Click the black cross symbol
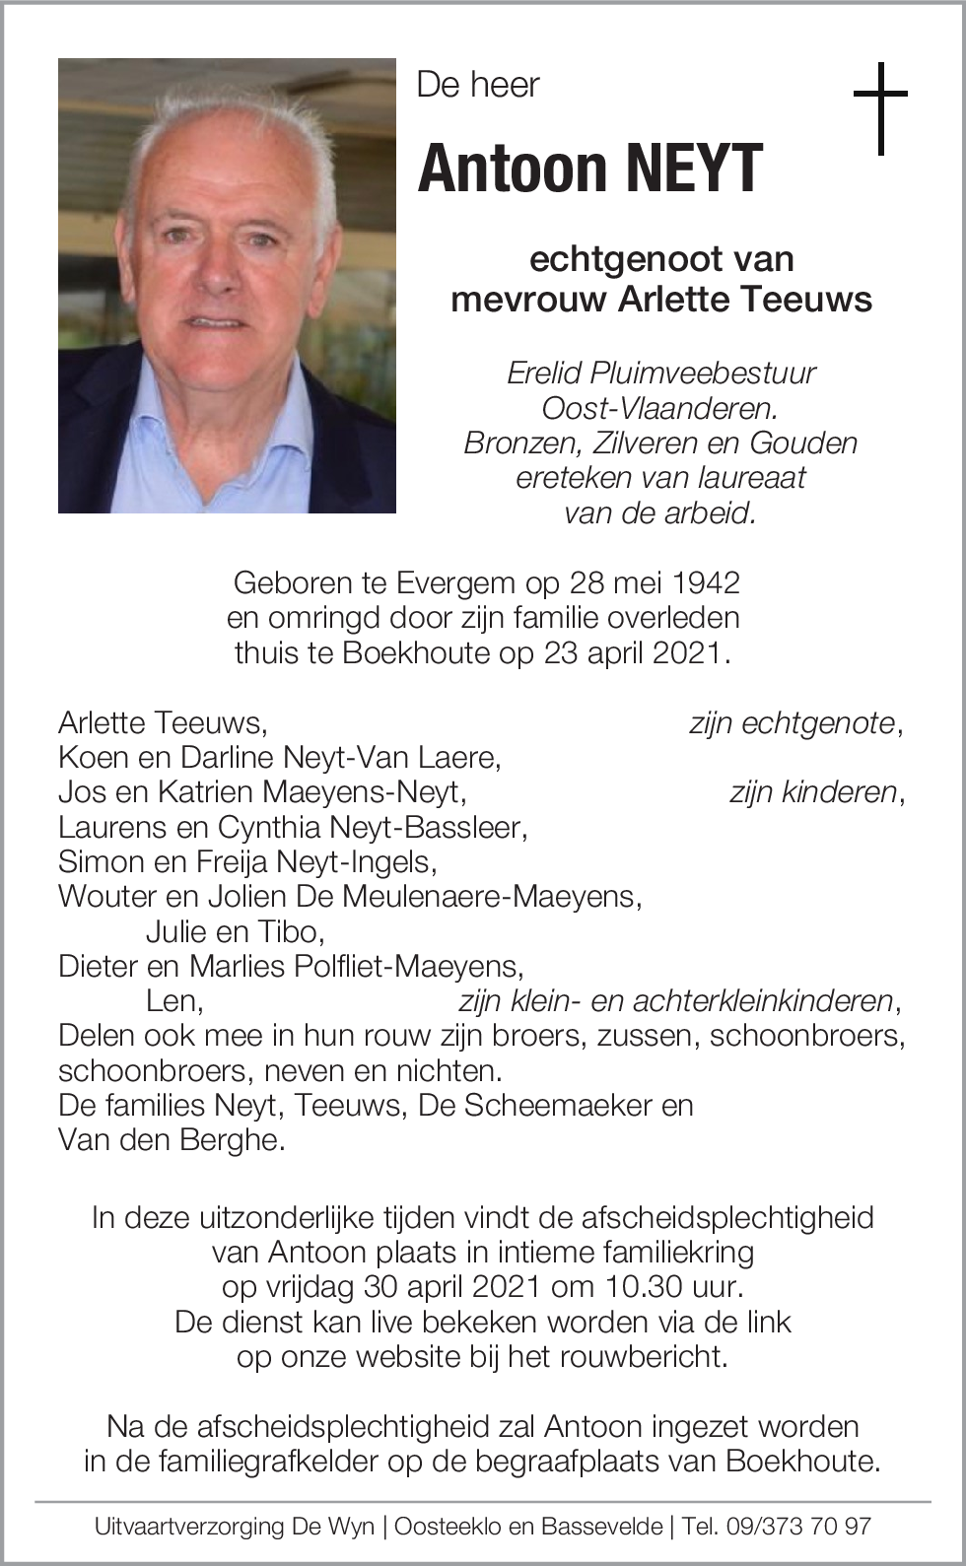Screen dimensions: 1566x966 click(879, 107)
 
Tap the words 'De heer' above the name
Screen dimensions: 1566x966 click(478, 85)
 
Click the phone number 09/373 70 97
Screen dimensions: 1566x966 click(798, 1527)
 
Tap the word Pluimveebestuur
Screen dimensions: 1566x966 click(703, 373)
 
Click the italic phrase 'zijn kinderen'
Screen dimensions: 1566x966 click(813, 791)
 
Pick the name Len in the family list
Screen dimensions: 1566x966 click(172, 1000)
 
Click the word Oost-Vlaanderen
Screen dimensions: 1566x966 click(660, 408)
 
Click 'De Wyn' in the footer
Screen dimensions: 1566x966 click(333, 1527)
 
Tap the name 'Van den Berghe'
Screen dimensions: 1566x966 click(170, 1139)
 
